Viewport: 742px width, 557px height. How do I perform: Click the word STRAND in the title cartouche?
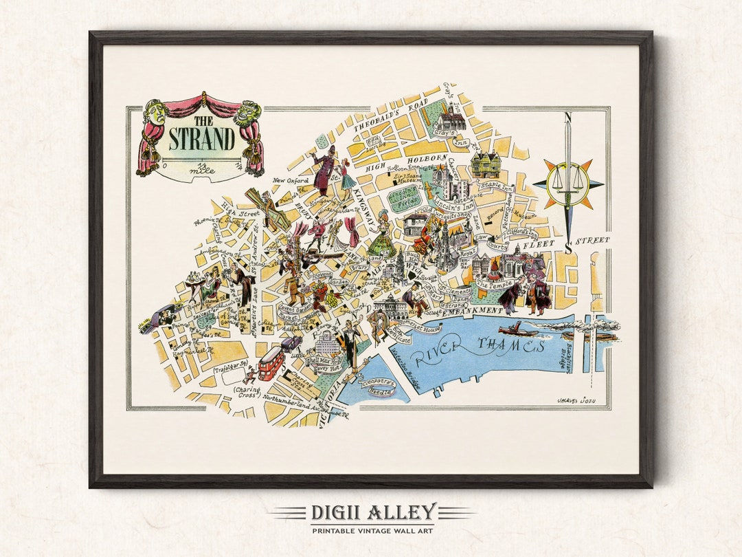coord(201,139)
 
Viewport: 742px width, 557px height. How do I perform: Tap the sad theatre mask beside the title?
coord(156,111)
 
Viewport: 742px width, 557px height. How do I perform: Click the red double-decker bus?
coord(271,363)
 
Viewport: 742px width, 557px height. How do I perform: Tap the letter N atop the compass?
coord(567,118)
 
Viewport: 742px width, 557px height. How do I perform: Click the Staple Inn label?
coord(497,186)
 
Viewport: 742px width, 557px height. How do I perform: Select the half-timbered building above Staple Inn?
coord(485,164)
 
